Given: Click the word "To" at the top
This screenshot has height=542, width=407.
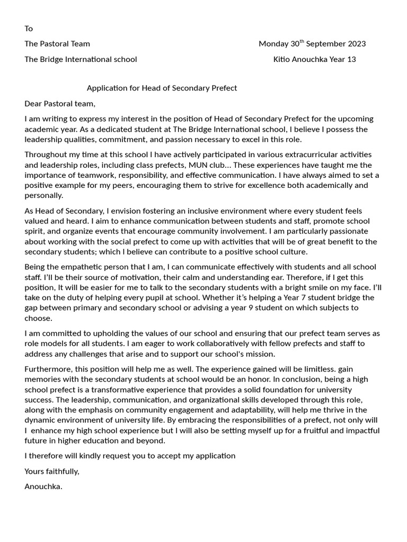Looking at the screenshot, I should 29,29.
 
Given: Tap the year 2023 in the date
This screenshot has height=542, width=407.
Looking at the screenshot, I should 355,44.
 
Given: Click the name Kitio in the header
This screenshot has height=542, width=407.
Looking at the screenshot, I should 282,59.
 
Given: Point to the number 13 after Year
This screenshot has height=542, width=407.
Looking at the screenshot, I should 351,59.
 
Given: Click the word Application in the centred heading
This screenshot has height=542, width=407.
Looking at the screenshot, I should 108,88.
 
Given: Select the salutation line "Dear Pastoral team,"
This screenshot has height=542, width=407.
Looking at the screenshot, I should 60,104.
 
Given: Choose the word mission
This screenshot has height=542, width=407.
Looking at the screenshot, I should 260,354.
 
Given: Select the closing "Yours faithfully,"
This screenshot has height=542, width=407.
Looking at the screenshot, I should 52,471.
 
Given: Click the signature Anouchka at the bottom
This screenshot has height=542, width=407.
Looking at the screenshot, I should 43,486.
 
